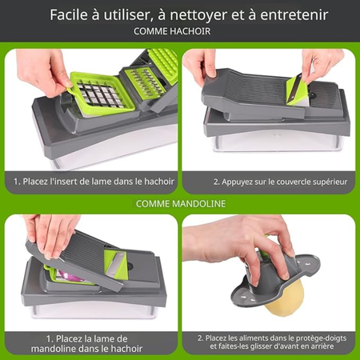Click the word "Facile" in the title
(71, 14)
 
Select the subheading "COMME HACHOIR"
(180, 33)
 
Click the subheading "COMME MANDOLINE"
(180, 204)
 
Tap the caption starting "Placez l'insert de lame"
(91, 182)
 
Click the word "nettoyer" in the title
(203, 14)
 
